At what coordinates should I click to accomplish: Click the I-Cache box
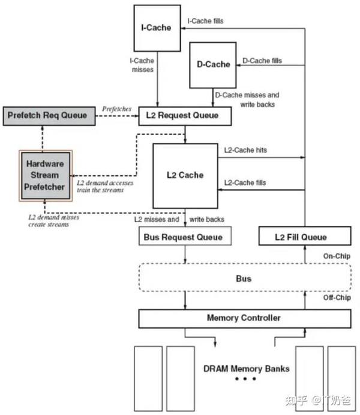(157, 28)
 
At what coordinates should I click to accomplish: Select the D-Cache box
(213, 65)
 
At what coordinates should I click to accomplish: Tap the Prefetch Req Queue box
(49, 116)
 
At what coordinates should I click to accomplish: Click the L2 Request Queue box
(185, 116)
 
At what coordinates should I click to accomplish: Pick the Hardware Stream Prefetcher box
(46, 175)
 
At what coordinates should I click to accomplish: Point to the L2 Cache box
(185, 176)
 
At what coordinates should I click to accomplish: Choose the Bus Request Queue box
(185, 236)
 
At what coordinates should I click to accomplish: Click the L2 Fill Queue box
(305, 236)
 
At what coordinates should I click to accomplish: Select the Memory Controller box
(245, 319)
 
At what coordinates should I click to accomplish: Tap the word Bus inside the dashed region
(244, 279)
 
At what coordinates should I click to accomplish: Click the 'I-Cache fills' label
(205, 21)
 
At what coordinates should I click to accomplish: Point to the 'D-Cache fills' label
(262, 61)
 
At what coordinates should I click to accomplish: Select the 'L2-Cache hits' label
(245, 150)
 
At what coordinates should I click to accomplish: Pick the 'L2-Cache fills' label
(245, 183)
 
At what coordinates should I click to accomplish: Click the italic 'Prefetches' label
(117, 109)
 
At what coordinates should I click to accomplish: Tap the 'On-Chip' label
(337, 256)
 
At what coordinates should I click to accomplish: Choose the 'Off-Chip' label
(337, 297)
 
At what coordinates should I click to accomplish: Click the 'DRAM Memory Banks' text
(247, 369)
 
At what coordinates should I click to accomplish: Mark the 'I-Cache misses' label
(142, 65)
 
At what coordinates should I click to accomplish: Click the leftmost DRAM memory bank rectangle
(148, 379)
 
